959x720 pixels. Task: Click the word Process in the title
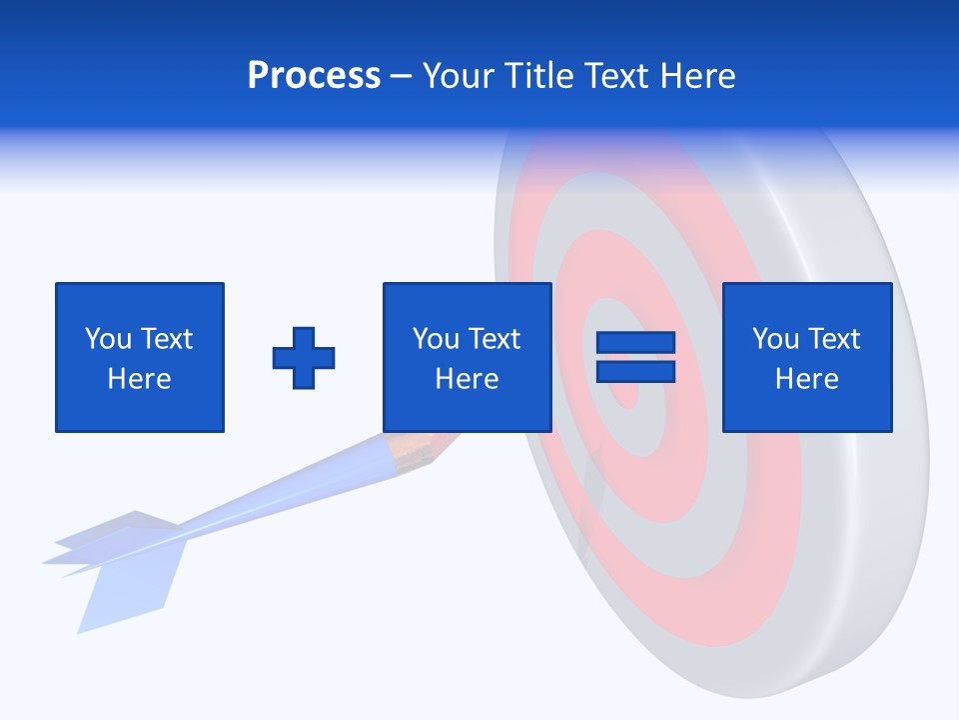tap(314, 76)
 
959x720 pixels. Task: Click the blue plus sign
tap(304, 358)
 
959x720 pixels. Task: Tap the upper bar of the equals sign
tap(635, 343)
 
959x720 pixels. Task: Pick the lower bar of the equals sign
tap(635, 371)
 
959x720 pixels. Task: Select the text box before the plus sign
tap(139, 357)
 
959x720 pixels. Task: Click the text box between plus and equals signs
tap(467, 357)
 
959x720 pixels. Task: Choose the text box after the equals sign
tap(806, 357)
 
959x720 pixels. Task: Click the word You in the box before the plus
tap(108, 339)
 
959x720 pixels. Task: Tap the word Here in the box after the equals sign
tap(806, 379)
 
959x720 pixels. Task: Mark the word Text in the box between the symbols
tap(494, 339)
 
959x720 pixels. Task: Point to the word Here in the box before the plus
tap(139, 379)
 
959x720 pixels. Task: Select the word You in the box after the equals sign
tap(775, 339)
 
